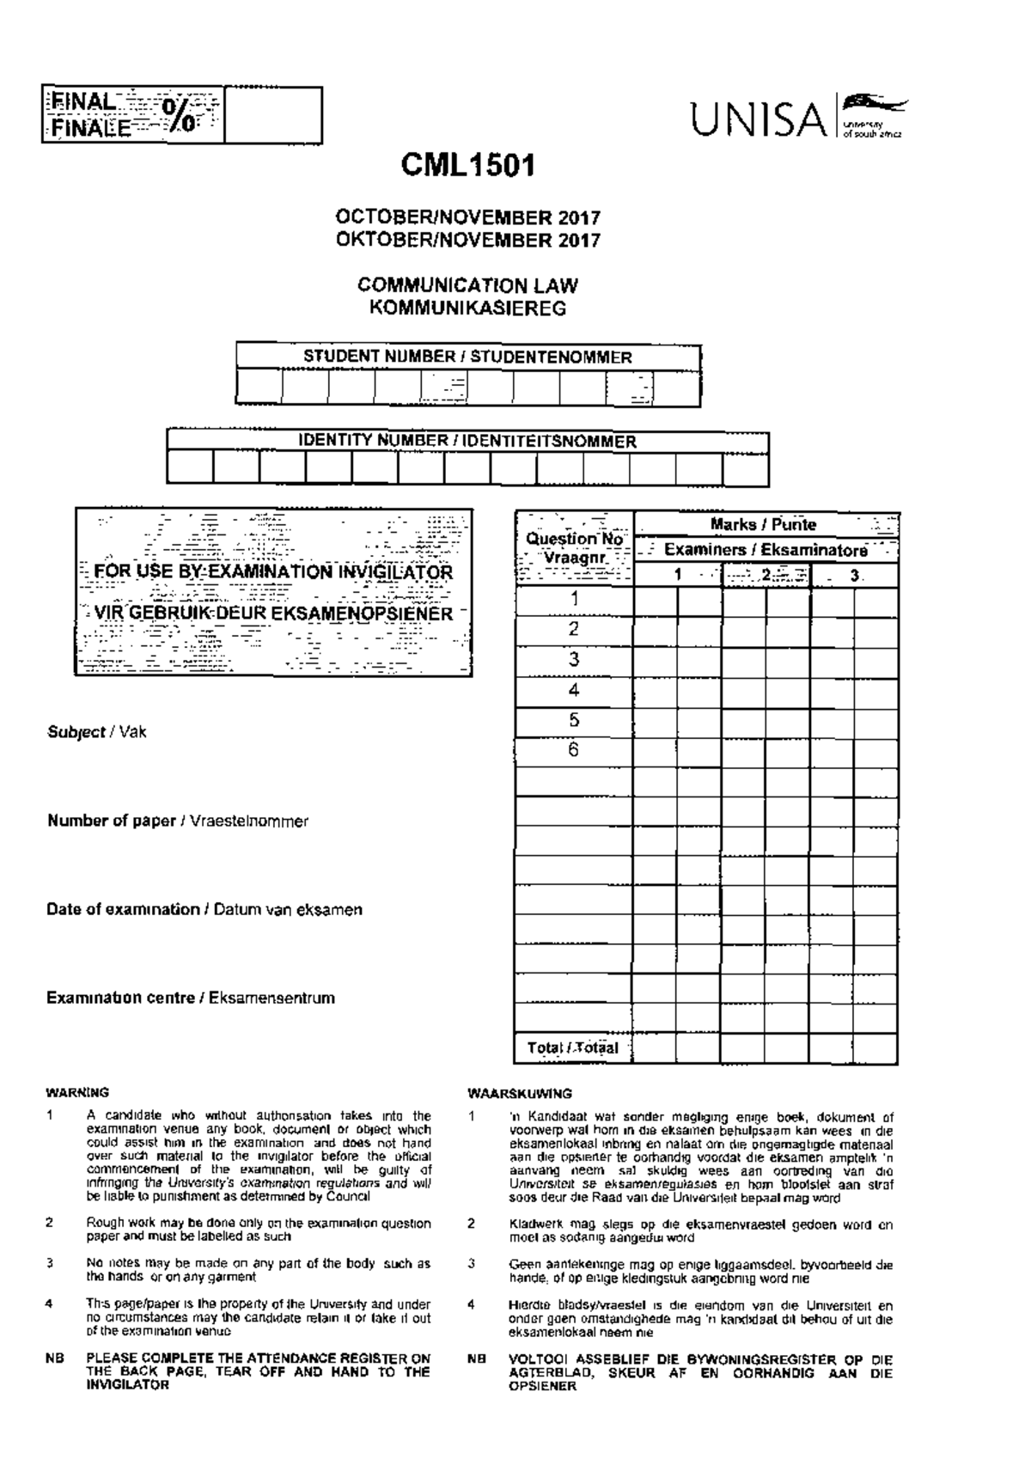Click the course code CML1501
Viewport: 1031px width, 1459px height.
click(x=468, y=165)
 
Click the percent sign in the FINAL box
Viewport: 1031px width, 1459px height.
click(x=181, y=114)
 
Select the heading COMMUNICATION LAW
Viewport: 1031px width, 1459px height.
click(x=468, y=285)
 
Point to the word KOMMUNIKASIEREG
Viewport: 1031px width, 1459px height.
click(x=468, y=308)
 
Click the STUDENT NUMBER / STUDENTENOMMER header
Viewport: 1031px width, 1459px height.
click(x=467, y=357)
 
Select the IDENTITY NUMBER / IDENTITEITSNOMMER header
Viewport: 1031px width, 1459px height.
click(x=467, y=442)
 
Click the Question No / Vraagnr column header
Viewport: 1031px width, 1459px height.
click(x=574, y=547)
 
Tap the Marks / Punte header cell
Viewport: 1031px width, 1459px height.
click(x=764, y=524)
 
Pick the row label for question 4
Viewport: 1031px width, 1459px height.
click(x=574, y=690)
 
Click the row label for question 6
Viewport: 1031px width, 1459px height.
click(x=574, y=749)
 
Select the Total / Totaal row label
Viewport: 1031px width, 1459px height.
click(x=573, y=1047)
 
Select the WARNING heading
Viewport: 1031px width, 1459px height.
click(x=77, y=1093)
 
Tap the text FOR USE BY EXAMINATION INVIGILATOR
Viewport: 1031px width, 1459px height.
click(x=273, y=572)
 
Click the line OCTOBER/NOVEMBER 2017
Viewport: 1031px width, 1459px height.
click(x=468, y=218)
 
